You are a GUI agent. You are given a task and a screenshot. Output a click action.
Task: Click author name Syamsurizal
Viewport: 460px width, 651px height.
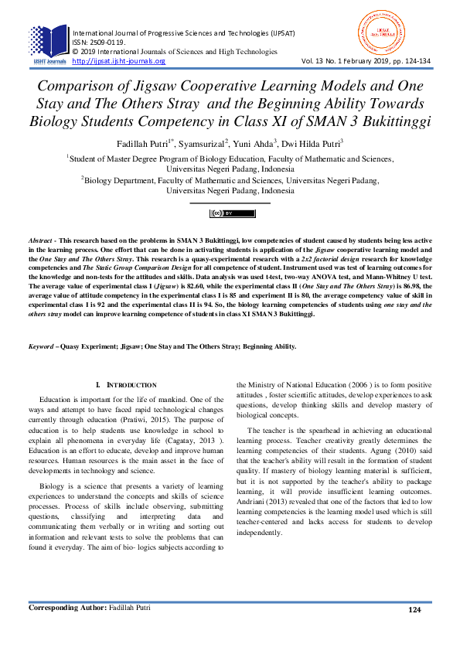click(x=201, y=144)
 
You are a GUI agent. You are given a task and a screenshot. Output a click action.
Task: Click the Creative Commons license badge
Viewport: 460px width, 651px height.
click(x=233, y=213)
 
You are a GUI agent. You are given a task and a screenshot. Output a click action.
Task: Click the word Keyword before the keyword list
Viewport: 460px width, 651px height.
click(x=40, y=346)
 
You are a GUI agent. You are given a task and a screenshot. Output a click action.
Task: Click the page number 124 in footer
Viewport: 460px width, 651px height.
click(x=416, y=632)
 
